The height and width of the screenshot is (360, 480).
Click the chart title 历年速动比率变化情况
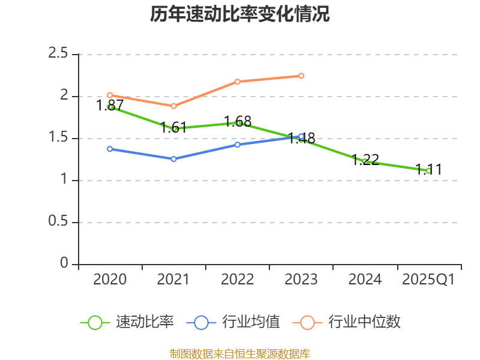click(x=240, y=14)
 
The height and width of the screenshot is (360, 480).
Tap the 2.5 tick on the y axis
click(x=58, y=54)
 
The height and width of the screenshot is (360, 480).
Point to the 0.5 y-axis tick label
click(x=58, y=222)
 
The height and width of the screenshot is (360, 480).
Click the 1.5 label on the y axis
click(x=58, y=138)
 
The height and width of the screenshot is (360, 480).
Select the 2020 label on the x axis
click(x=110, y=280)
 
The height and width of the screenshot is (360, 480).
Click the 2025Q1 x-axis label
click(x=428, y=280)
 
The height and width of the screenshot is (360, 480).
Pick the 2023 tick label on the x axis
click(x=301, y=280)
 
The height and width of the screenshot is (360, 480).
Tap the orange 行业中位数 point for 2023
click(x=301, y=76)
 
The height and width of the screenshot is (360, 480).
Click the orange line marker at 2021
click(x=174, y=106)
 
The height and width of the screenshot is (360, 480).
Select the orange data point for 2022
click(x=238, y=82)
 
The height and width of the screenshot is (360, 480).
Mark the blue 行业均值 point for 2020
click(x=110, y=149)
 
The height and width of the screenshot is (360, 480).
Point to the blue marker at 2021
click(x=174, y=159)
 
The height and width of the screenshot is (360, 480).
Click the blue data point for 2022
click(x=238, y=145)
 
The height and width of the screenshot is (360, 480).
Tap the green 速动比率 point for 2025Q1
click(x=428, y=170)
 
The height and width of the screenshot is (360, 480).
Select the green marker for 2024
click(x=365, y=161)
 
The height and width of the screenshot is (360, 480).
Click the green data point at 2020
click(x=110, y=107)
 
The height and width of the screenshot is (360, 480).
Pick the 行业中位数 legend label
click(x=346, y=322)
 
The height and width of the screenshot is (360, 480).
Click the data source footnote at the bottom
click(x=240, y=354)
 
